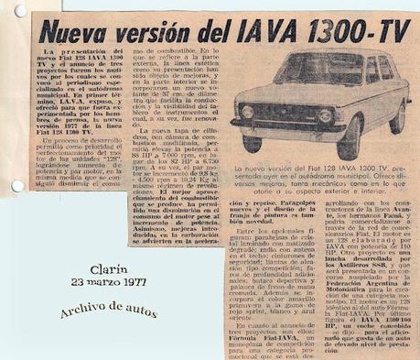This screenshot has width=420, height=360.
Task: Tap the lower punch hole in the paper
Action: point(13,187)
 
